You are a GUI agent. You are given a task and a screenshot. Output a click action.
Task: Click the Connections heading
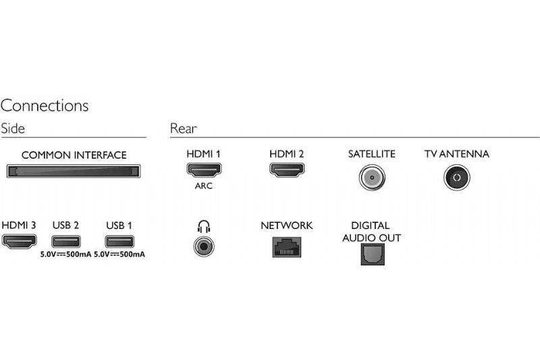[x=45, y=105]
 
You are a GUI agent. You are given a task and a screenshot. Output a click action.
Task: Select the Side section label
[x=13, y=128]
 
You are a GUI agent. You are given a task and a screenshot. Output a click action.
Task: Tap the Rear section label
[x=183, y=128]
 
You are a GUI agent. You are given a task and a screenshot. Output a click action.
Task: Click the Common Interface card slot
[x=74, y=171]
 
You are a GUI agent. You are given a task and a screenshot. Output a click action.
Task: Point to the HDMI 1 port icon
[x=204, y=170]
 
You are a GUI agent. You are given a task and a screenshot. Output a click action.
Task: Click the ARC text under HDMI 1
[x=204, y=186]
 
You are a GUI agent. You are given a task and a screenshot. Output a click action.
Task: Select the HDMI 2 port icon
[x=287, y=170]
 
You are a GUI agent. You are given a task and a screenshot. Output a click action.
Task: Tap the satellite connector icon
[x=372, y=178]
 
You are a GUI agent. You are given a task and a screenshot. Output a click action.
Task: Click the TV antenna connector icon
[x=457, y=178]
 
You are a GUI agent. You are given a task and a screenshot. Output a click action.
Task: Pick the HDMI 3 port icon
[x=20, y=241]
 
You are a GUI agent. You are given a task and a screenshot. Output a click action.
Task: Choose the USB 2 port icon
[x=65, y=242]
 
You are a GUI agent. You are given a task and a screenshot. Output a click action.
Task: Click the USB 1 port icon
[x=119, y=242]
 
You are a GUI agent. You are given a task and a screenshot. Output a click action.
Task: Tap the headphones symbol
[x=204, y=226]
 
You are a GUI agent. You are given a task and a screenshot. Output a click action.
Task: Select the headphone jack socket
[x=204, y=247]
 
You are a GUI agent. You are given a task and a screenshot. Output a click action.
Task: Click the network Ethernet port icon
[x=287, y=247]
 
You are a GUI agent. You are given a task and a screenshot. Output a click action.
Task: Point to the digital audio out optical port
[x=373, y=254]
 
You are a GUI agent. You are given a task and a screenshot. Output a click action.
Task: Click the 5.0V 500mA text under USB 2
[x=65, y=255]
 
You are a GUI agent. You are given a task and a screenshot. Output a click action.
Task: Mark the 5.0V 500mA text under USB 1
[x=119, y=255]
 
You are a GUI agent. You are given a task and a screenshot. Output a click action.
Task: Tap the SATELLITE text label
[x=372, y=154]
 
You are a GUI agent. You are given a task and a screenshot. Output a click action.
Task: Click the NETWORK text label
[x=286, y=226]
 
